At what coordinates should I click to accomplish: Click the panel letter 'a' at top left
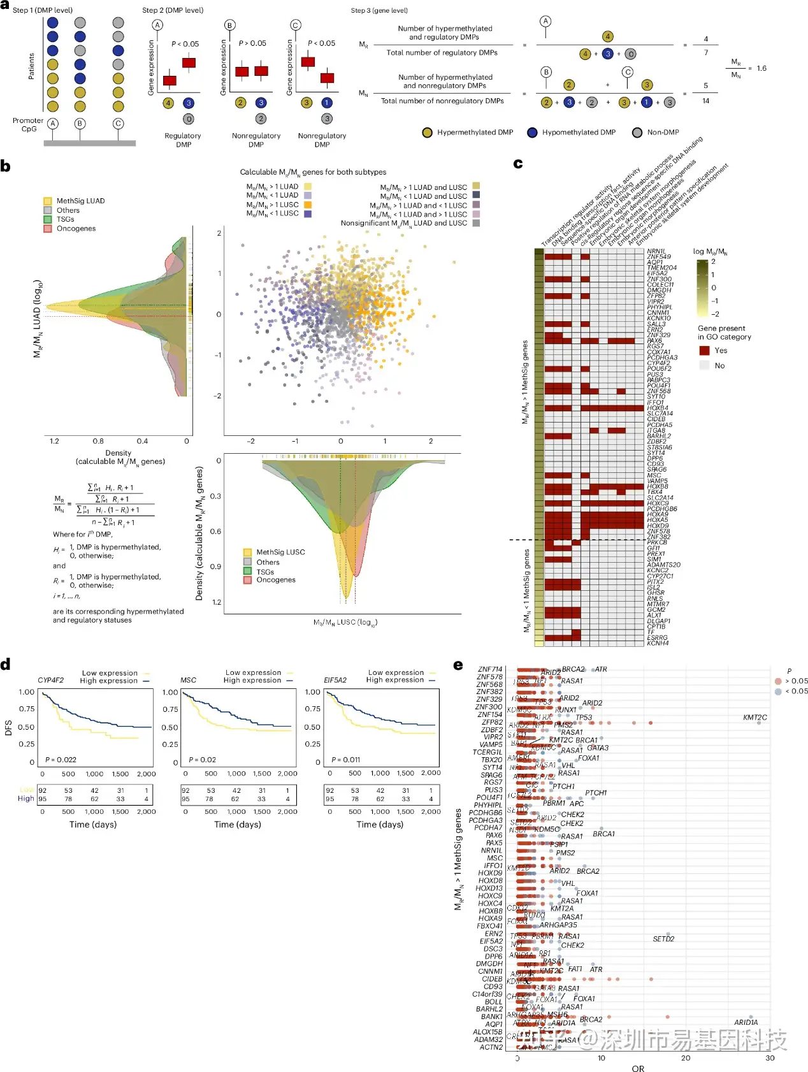(5, 6)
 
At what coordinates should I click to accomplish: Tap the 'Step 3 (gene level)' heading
(379, 10)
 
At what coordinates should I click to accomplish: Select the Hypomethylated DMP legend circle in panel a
(532, 133)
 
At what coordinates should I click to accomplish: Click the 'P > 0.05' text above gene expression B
(252, 43)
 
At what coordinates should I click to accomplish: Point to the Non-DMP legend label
(663, 133)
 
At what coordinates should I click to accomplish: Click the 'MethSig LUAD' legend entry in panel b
(80, 201)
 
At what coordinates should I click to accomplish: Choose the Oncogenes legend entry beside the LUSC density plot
(275, 580)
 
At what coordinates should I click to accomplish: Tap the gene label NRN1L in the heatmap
(656, 252)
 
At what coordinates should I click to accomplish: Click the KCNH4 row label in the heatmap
(658, 643)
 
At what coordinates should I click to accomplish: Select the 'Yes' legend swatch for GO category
(704, 351)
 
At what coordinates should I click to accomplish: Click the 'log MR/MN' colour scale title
(710, 252)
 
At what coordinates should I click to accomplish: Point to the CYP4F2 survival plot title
(50, 680)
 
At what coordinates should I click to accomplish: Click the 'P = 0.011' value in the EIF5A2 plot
(346, 760)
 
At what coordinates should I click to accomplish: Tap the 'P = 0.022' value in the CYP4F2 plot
(61, 760)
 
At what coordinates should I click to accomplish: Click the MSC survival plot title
(188, 680)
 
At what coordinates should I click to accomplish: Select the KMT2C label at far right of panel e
(754, 718)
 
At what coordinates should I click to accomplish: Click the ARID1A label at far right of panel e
(746, 1022)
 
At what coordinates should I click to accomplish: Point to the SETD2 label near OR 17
(663, 939)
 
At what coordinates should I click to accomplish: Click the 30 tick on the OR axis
(770, 1058)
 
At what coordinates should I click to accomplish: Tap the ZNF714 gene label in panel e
(489, 669)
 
